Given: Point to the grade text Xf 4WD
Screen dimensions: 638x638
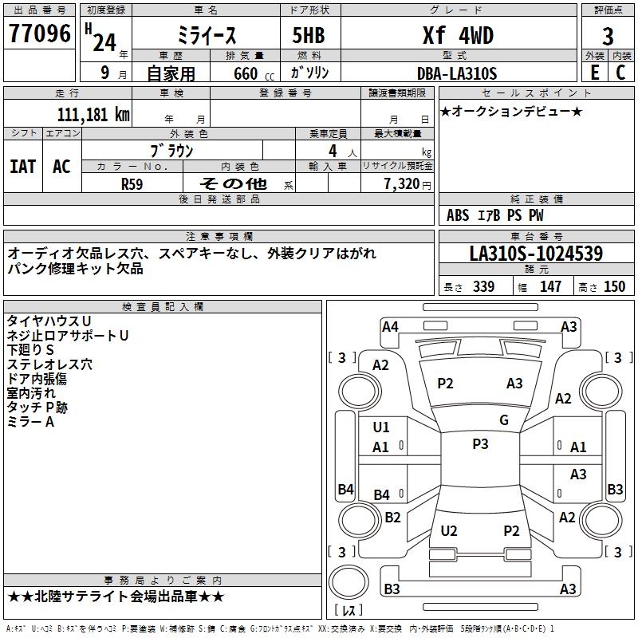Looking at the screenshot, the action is pyautogui.click(x=457, y=36).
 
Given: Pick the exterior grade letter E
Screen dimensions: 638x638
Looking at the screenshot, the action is pyautogui.click(x=594, y=73).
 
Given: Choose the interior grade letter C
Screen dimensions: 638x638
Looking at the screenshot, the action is pyautogui.click(x=620, y=73).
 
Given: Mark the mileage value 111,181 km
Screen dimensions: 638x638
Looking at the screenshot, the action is pyautogui.click(x=93, y=114).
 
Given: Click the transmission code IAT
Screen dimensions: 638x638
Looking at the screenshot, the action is pyautogui.click(x=22, y=166).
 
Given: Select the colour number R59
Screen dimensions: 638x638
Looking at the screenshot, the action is pyautogui.click(x=132, y=183).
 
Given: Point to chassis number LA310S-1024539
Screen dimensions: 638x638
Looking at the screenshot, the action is pyautogui.click(x=536, y=254).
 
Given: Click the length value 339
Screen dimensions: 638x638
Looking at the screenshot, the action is pyautogui.click(x=483, y=287).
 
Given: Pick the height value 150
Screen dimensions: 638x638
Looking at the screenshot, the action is pyautogui.click(x=614, y=287).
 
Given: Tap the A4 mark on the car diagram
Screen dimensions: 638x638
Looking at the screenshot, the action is pyautogui.click(x=390, y=326).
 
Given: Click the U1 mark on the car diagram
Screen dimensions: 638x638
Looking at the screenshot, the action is pyautogui.click(x=381, y=427).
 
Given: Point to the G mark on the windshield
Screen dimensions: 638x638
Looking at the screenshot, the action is pyautogui.click(x=504, y=420).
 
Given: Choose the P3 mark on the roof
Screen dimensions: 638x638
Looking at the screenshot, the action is pyautogui.click(x=480, y=444).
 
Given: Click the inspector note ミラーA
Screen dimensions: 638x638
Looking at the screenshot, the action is pyautogui.click(x=30, y=421).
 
